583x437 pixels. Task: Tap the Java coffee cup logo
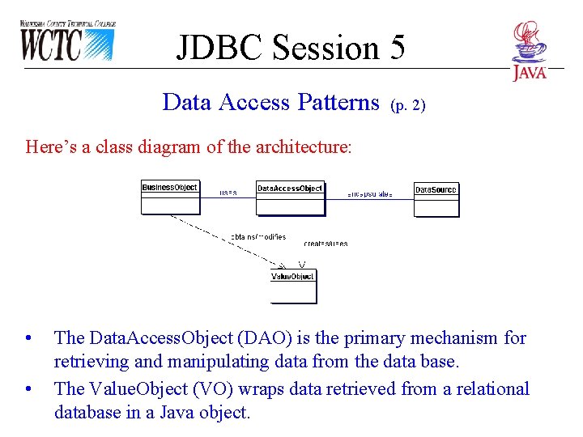point(530,51)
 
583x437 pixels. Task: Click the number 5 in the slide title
point(395,48)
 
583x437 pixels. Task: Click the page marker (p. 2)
point(407,104)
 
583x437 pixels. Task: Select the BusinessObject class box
point(169,197)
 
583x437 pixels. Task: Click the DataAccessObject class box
point(290,198)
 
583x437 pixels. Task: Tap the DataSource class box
point(436,199)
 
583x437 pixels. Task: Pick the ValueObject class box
point(292,286)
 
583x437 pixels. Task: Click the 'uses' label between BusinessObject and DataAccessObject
point(228,193)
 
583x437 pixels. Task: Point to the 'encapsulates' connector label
point(370,194)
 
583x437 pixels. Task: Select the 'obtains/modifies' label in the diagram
point(257,237)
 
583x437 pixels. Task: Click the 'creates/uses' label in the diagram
point(326,243)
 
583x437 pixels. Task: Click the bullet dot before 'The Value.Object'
point(29,389)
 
